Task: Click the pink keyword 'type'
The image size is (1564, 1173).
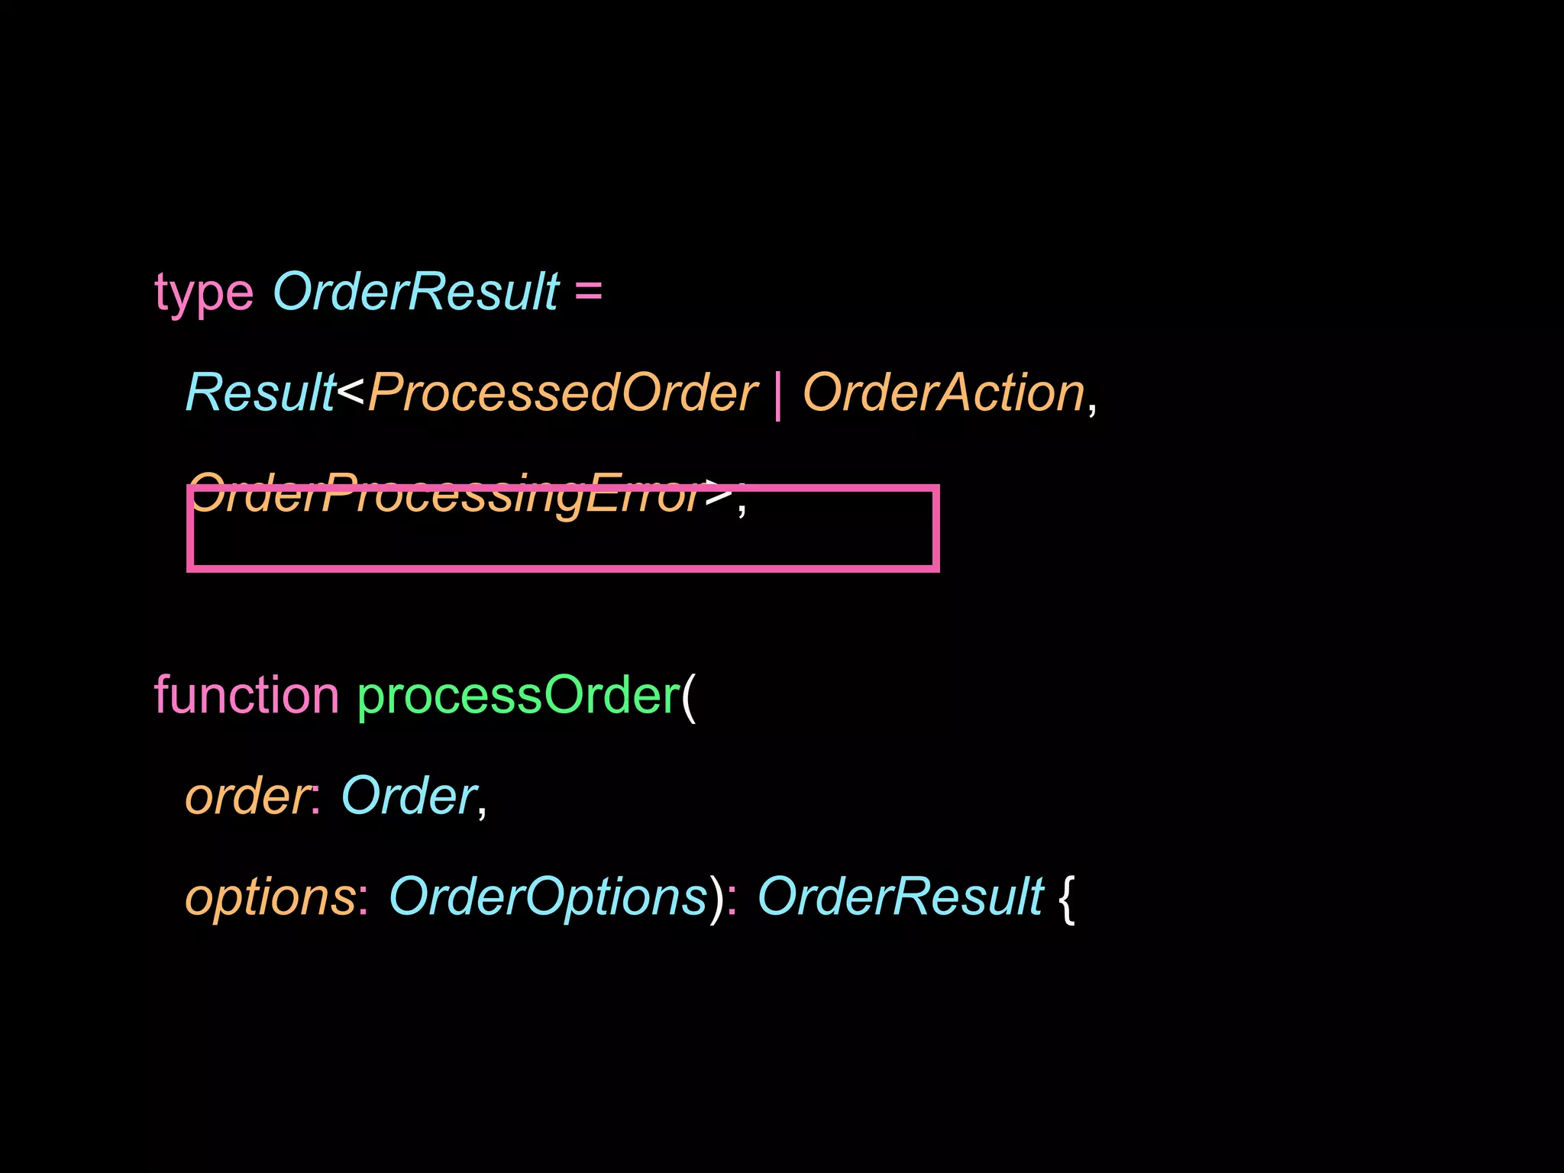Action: [203, 293]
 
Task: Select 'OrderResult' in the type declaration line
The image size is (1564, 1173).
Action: [416, 292]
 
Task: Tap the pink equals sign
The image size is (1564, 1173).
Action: [588, 292]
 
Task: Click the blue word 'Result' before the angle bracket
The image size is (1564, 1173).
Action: [260, 393]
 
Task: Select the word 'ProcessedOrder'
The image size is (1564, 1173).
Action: [563, 393]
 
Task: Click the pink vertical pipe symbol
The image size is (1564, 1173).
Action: [778, 395]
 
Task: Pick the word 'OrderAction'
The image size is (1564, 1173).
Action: [944, 393]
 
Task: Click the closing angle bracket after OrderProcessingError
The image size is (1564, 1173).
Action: [719, 493]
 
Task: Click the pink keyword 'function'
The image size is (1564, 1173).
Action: [246, 696]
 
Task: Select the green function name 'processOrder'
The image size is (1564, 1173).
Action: [519, 696]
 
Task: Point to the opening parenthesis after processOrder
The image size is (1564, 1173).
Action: [689, 697]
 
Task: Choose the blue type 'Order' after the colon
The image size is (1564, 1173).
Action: [409, 797]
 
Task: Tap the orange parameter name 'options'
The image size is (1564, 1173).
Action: [270, 897]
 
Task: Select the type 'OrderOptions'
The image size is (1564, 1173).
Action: [548, 897]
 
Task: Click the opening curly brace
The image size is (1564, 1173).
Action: [1067, 899]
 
